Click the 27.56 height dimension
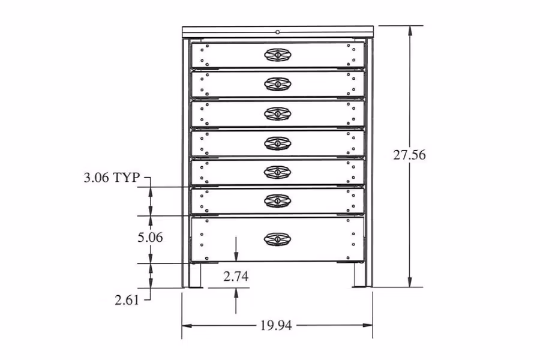coord(409,155)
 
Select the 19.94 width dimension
coord(276,326)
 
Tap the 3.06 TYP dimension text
coord(112,178)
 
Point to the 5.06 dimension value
coord(150,237)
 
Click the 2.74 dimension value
coord(236,277)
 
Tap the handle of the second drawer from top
coord(277,84)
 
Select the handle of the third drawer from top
coord(277,113)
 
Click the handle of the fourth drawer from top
coord(277,143)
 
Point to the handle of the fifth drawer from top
coord(277,172)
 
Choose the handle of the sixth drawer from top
coord(277,200)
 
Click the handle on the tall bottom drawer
coord(277,239)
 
